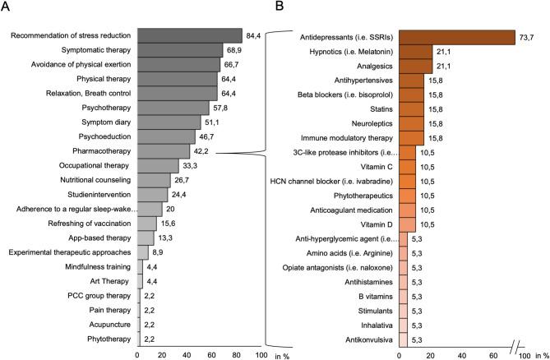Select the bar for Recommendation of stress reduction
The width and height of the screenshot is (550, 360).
190,35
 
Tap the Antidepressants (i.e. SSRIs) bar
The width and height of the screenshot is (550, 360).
457,38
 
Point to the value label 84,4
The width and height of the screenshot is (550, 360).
254,35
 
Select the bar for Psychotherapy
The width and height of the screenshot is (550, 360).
173,108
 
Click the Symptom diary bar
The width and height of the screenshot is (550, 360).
169,122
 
